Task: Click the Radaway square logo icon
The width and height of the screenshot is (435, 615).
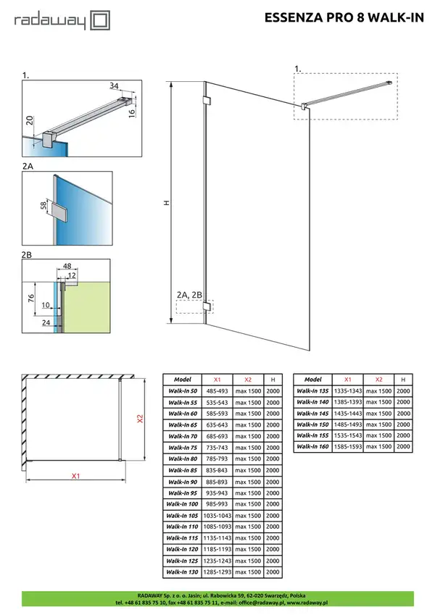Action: pyautogui.click(x=101, y=20)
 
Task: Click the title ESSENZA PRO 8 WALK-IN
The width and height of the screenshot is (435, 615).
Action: pyautogui.click(x=344, y=17)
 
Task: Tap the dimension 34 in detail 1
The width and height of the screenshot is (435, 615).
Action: pyautogui.click(x=114, y=85)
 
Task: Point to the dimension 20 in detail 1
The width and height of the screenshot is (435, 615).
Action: pyautogui.click(x=30, y=120)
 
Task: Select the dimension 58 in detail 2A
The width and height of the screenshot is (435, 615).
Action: pyautogui.click(x=43, y=205)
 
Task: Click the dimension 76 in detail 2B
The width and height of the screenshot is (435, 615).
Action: pyautogui.click(x=31, y=298)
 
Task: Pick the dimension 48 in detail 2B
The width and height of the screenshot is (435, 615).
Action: pyautogui.click(x=67, y=266)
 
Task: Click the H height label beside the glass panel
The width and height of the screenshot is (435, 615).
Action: pyautogui.click(x=167, y=203)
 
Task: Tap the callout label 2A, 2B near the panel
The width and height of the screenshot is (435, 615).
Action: pyautogui.click(x=189, y=295)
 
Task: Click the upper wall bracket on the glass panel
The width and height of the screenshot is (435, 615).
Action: pyautogui.click(x=207, y=100)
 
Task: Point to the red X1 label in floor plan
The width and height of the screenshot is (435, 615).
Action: pyautogui.click(x=76, y=476)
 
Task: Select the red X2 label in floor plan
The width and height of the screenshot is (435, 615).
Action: pyautogui.click(x=140, y=419)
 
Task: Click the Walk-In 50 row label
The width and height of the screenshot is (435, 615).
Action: pyautogui.click(x=183, y=391)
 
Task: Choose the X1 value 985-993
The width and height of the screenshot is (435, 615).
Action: pyautogui.click(x=217, y=504)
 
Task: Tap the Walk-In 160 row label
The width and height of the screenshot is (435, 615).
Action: pyautogui.click(x=312, y=446)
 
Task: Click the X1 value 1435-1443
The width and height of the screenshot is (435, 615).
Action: pyautogui.click(x=348, y=414)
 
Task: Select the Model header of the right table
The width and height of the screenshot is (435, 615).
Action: pyautogui.click(x=313, y=380)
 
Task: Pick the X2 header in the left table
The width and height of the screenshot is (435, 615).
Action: pyautogui.click(x=248, y=380)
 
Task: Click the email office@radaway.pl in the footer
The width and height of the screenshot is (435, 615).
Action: pyautogui.click(x=261, y=603)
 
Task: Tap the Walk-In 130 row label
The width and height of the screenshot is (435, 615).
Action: pyautogui.click(x=182, y=572)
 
